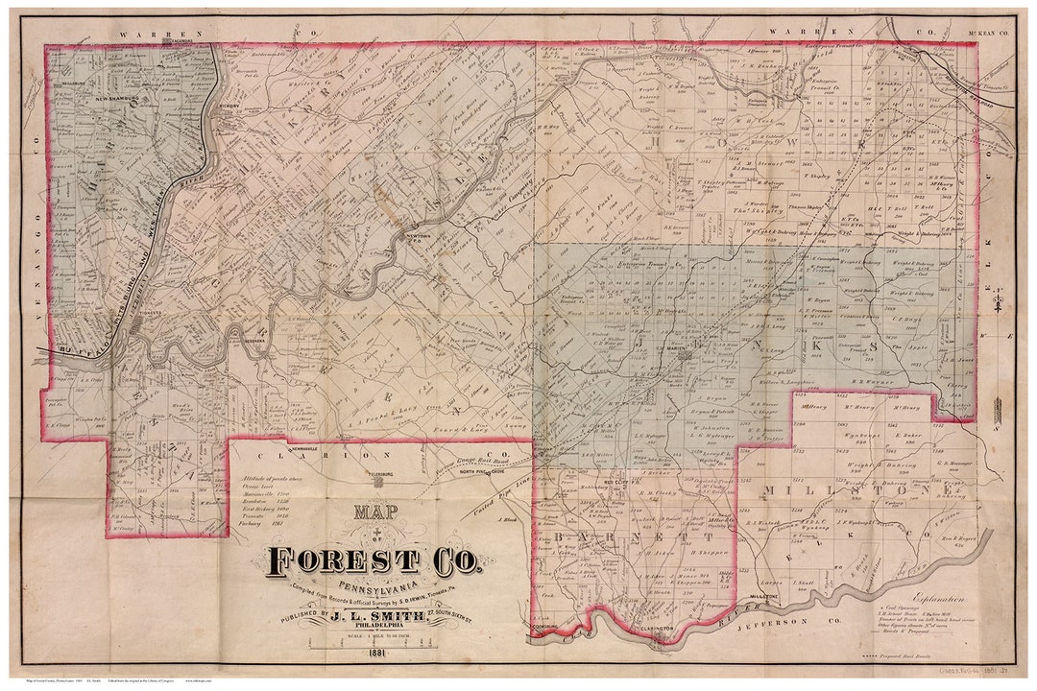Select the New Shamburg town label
click(116, 98)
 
